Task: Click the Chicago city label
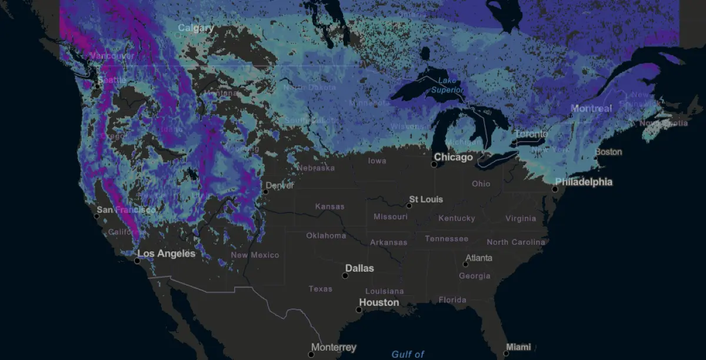click(453, 158)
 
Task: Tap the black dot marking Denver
click(266, 191)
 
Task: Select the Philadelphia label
click(584, 182)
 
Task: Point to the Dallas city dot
click(345, 276)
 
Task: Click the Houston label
click(379, 302)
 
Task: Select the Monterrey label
click(334, 348)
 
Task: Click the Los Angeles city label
click(166, 254)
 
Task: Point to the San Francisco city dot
click(96, 216)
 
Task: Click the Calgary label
click(196, 28)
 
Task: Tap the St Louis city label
click(426, 199)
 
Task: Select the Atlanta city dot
click(465, 264)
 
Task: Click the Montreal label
click(591, 109)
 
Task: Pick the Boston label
click(608, 152)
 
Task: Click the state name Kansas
click(329, 206)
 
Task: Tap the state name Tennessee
click(447, 239)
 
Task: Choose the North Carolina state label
click(515, 242)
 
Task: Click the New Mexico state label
click(255, 255)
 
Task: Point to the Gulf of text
click(408, 354)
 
